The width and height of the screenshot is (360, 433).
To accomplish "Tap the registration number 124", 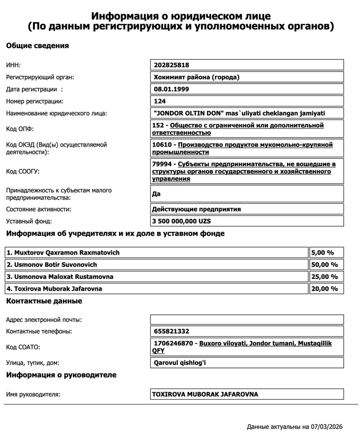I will pos(160,101).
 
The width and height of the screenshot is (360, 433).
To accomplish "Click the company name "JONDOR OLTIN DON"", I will pos(238,113).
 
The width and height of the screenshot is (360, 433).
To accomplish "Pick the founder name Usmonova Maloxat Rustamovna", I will pos(60,277).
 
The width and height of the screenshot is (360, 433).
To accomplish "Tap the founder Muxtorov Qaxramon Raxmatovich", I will pos(63,252).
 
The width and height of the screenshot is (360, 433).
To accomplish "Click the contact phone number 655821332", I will pos(172,331).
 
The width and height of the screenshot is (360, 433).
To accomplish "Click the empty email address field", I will pos(247,320).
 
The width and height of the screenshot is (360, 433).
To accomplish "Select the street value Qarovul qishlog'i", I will pos(179,363).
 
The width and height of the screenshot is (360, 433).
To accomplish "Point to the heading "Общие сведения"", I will pos(38,46).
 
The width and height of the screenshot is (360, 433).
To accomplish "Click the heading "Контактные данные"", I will pos(44,301).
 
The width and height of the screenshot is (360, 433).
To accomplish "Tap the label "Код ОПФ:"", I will pos(20,129).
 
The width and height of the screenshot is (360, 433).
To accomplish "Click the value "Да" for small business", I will pos(157,194).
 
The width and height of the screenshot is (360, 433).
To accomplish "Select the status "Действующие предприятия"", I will pos(196,209).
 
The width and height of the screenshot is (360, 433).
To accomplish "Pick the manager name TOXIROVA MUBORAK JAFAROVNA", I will pos(205,394).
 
